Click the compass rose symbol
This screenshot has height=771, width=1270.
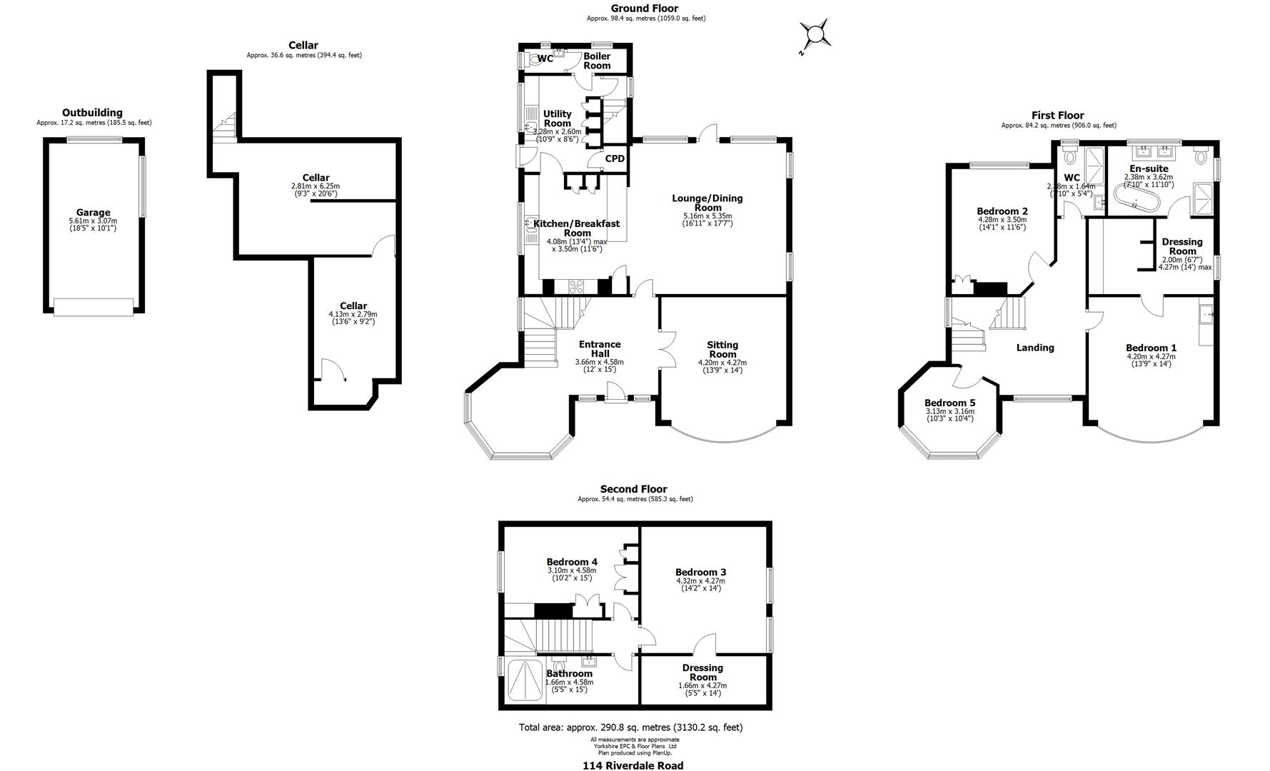814,35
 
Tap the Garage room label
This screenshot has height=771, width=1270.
94,212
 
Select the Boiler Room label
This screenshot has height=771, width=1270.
597,61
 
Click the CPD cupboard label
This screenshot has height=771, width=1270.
615,158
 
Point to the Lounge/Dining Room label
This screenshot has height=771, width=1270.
707,203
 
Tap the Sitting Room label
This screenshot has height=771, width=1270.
722,349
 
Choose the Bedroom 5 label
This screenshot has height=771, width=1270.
949,402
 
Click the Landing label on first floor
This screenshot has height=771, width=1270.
1035,348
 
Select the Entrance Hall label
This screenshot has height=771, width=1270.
600,348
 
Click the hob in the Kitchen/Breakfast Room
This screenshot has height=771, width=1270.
576,287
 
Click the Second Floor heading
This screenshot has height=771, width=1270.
633,489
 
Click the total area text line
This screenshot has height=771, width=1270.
630,727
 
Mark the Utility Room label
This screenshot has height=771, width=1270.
558,119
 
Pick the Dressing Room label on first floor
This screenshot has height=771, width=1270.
1182,246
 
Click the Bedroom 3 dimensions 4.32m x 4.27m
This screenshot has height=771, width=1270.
700,581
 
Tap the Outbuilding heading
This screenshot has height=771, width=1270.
92,113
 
